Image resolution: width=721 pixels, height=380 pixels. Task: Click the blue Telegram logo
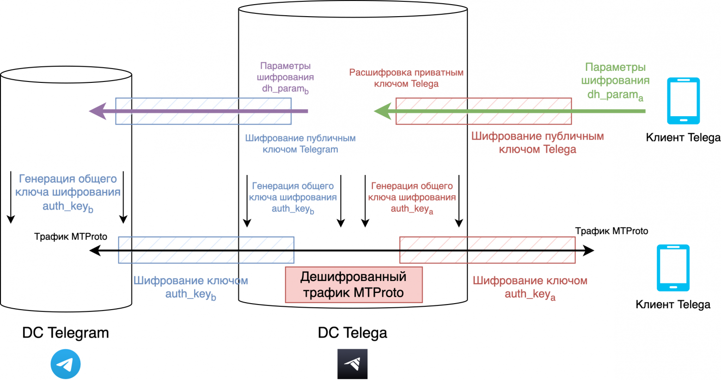click(x=66, y=364)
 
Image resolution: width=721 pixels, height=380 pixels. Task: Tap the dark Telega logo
click(x=352, y=364)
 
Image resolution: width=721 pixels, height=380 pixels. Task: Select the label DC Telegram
click(x=66, y=333)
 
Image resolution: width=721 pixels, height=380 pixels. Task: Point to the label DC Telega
click(x=352, y=333)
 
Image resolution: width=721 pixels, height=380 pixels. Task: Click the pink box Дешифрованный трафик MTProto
click(x=354, y=285)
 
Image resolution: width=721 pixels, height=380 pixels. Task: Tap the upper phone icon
click(x=684, y=101)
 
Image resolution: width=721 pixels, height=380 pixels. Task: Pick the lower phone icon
click(x=673, y=268)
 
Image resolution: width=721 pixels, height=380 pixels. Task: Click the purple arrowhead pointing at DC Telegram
click(x=98, y=111)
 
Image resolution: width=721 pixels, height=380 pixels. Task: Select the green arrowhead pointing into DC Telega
click(x=382, y=111)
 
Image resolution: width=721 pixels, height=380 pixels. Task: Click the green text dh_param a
click(x=615, y=95)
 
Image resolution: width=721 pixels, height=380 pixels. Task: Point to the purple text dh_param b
click(x=285, y=88)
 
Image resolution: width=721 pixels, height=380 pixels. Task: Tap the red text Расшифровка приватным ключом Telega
click(x=406, y=78)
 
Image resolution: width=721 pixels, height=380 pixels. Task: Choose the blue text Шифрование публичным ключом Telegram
click(x=300, y=144)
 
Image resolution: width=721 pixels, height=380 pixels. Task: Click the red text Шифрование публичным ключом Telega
click(x=538, y=143)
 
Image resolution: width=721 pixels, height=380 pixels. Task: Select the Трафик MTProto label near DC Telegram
click(x=71, y=237)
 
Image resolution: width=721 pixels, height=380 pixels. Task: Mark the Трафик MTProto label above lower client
click(x=611, y=231)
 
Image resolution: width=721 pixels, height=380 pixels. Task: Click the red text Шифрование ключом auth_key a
click(x=530, y=287)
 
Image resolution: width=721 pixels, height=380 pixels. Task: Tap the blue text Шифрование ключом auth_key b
click(x=190, y=287)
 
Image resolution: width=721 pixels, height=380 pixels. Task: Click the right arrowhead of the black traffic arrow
click(x=589, y=250)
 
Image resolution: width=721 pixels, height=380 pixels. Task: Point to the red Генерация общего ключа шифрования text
click(x=412, y=197)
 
